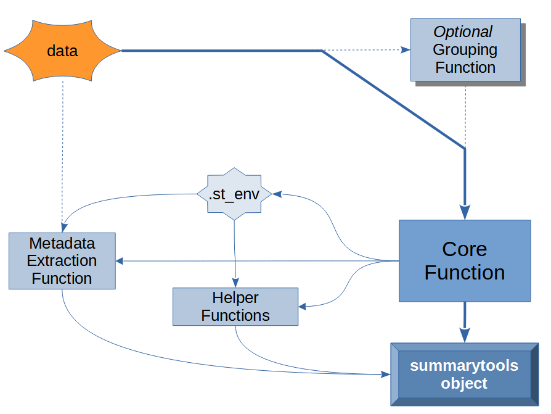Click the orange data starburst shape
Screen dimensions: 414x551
click(62, 51)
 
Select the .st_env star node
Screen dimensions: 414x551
click(234, 194)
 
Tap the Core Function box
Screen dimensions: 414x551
click(464, 260)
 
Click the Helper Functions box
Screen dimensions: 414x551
click(235, 307)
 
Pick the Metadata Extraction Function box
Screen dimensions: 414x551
click(62, 260)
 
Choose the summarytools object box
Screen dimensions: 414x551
click(463, 375)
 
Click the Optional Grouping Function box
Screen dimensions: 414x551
click(465, 49)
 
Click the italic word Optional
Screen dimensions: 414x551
click(463, 32)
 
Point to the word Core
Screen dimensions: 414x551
click(464, 249)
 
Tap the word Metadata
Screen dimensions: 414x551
click(62, 242)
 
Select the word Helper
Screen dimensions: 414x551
click(235, 297)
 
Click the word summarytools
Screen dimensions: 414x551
click(463, 366)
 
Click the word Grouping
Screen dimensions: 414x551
click(465, 49)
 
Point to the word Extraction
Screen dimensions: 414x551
click(62, 260)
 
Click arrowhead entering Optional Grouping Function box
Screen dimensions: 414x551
click(406, 50)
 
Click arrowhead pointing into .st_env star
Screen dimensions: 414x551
click(277, 194)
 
